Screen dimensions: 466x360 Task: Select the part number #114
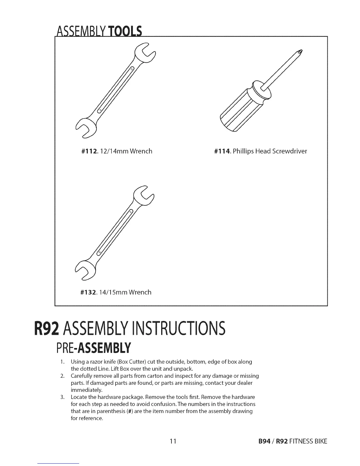pyautogui.click(x=223, y=152)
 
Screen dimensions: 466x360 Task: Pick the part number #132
pyautogui.click(x=89, y=292)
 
